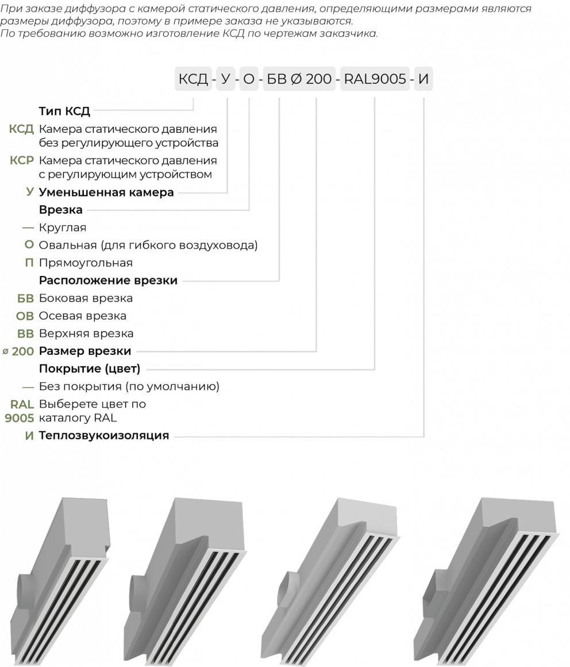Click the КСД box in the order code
click(193, 79)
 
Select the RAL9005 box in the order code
click(375, 79)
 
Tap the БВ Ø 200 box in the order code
click(299, 79)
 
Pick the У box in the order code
click(225, 79)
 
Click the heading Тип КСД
click(65, 111)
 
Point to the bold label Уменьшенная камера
click(106, 193)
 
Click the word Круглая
click(63, 228)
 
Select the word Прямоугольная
click(86, 263)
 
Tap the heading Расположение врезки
click(108, 281)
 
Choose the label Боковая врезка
click(86, 298)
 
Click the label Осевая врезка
click(83, 316)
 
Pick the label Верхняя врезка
click(86, 333)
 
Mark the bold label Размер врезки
click(85, 351)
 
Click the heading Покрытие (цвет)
click(90, 369)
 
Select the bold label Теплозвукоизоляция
click(104, 435)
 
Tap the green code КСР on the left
click(22, 160)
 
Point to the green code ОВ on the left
click(25, 316)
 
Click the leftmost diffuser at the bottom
click(60, 581)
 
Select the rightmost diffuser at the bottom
click(488, 581)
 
